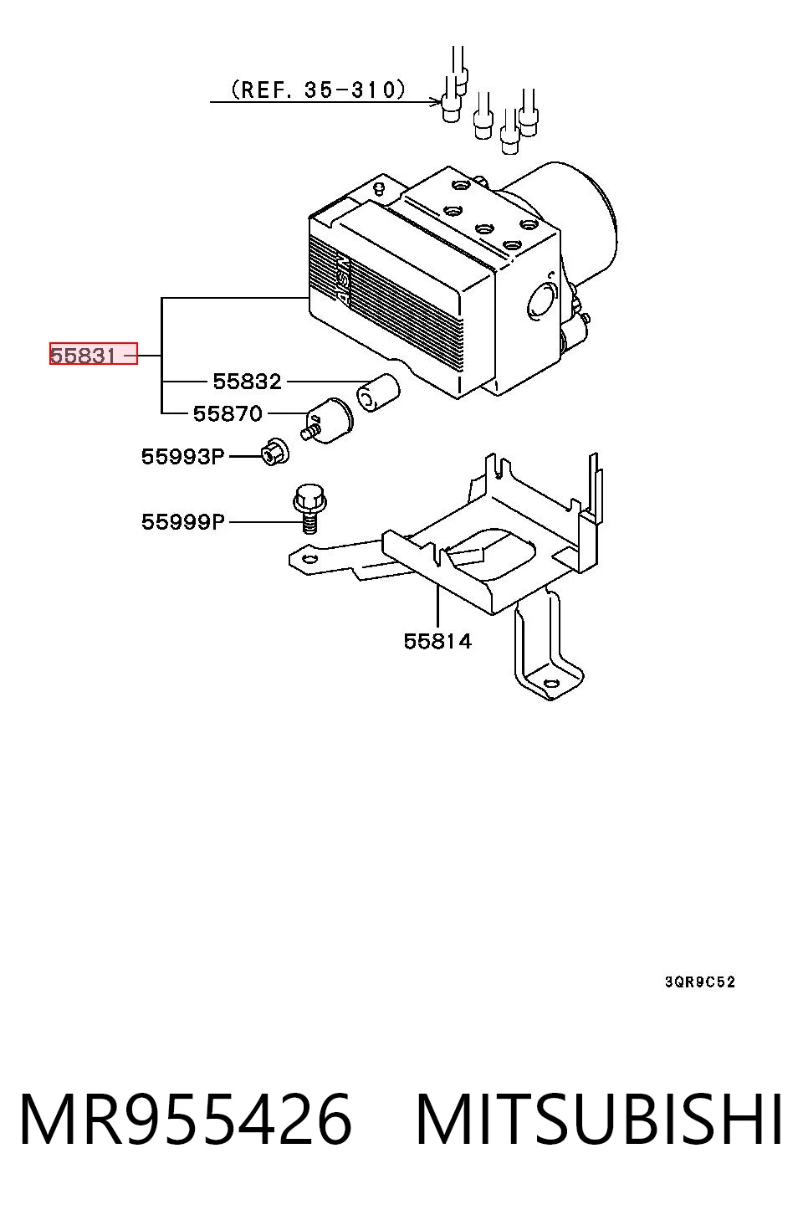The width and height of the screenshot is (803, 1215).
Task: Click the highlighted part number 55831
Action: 83,356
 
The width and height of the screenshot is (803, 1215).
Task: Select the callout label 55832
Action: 248,382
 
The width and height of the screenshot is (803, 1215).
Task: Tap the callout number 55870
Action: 228,414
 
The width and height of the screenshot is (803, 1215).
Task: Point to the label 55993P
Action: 182,457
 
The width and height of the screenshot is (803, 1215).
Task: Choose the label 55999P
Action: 182,522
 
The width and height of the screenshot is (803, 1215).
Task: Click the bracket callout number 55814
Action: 437,642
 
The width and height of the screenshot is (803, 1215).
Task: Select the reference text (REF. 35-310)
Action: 318,90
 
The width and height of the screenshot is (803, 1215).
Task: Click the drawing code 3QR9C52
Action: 700,982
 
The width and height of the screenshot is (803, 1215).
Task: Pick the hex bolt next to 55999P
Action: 309,508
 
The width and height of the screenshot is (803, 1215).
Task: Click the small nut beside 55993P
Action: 275,451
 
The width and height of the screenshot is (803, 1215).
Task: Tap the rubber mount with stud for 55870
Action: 327,422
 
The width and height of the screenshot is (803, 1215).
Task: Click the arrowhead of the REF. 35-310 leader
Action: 437,101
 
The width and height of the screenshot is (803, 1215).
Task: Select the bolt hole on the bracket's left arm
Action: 309,561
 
